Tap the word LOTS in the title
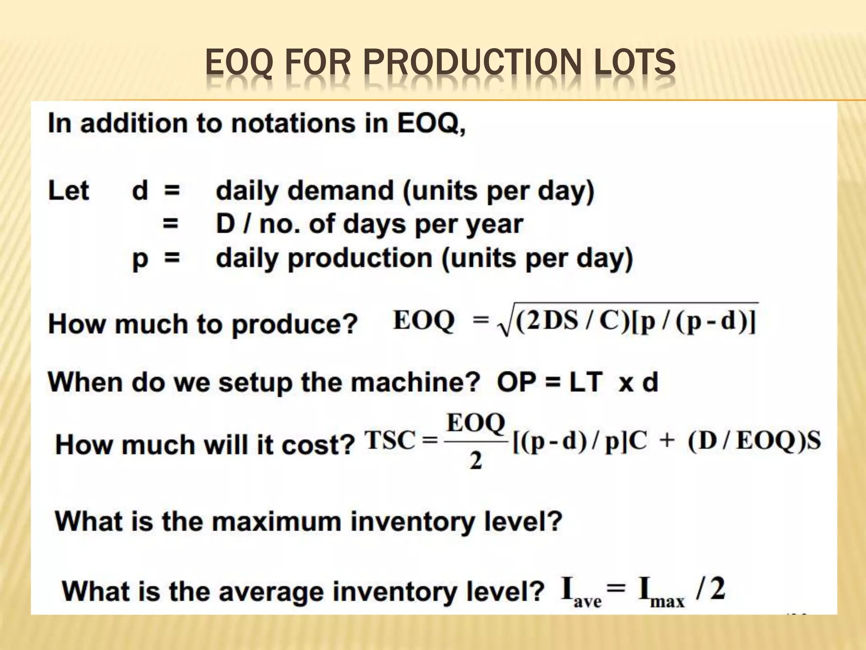[x=634, y=62]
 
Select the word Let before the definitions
[x=69, y=190]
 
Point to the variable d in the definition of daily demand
[x=140, y=190]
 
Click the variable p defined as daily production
[x=140, y=259]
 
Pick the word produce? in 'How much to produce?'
[x=295, y=325]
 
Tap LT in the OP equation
[x=586, y=382]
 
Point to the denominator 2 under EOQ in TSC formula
[x=476, y=461]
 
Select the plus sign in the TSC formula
[x=667, y=441]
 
